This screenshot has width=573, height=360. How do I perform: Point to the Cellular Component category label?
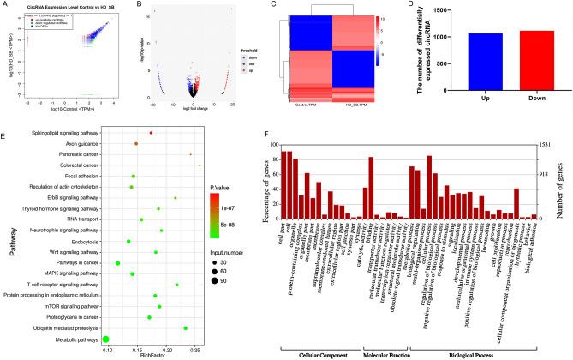click(x=319, y=353)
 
